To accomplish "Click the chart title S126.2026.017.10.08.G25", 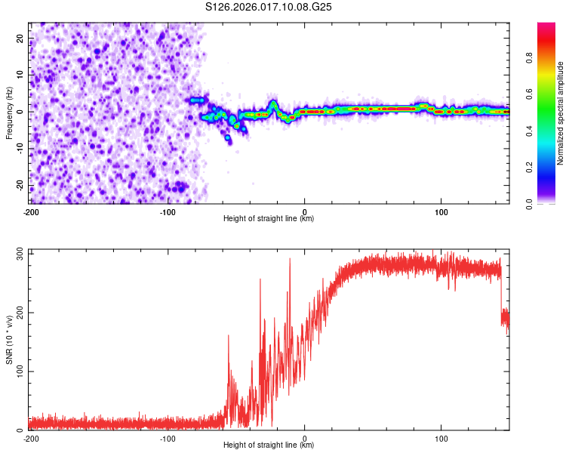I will coord(269,8).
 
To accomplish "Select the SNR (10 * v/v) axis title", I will coord(9,342).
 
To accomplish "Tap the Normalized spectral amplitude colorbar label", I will coord(560,113).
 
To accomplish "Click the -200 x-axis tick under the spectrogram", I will coord(31,211).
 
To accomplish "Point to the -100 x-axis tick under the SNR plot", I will coord(168,438).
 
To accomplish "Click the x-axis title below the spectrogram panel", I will coord(269,219).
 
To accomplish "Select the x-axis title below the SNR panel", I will coord(269,445).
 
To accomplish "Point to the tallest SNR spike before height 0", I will coord(290,260).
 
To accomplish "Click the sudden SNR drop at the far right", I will coord(502,298).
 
